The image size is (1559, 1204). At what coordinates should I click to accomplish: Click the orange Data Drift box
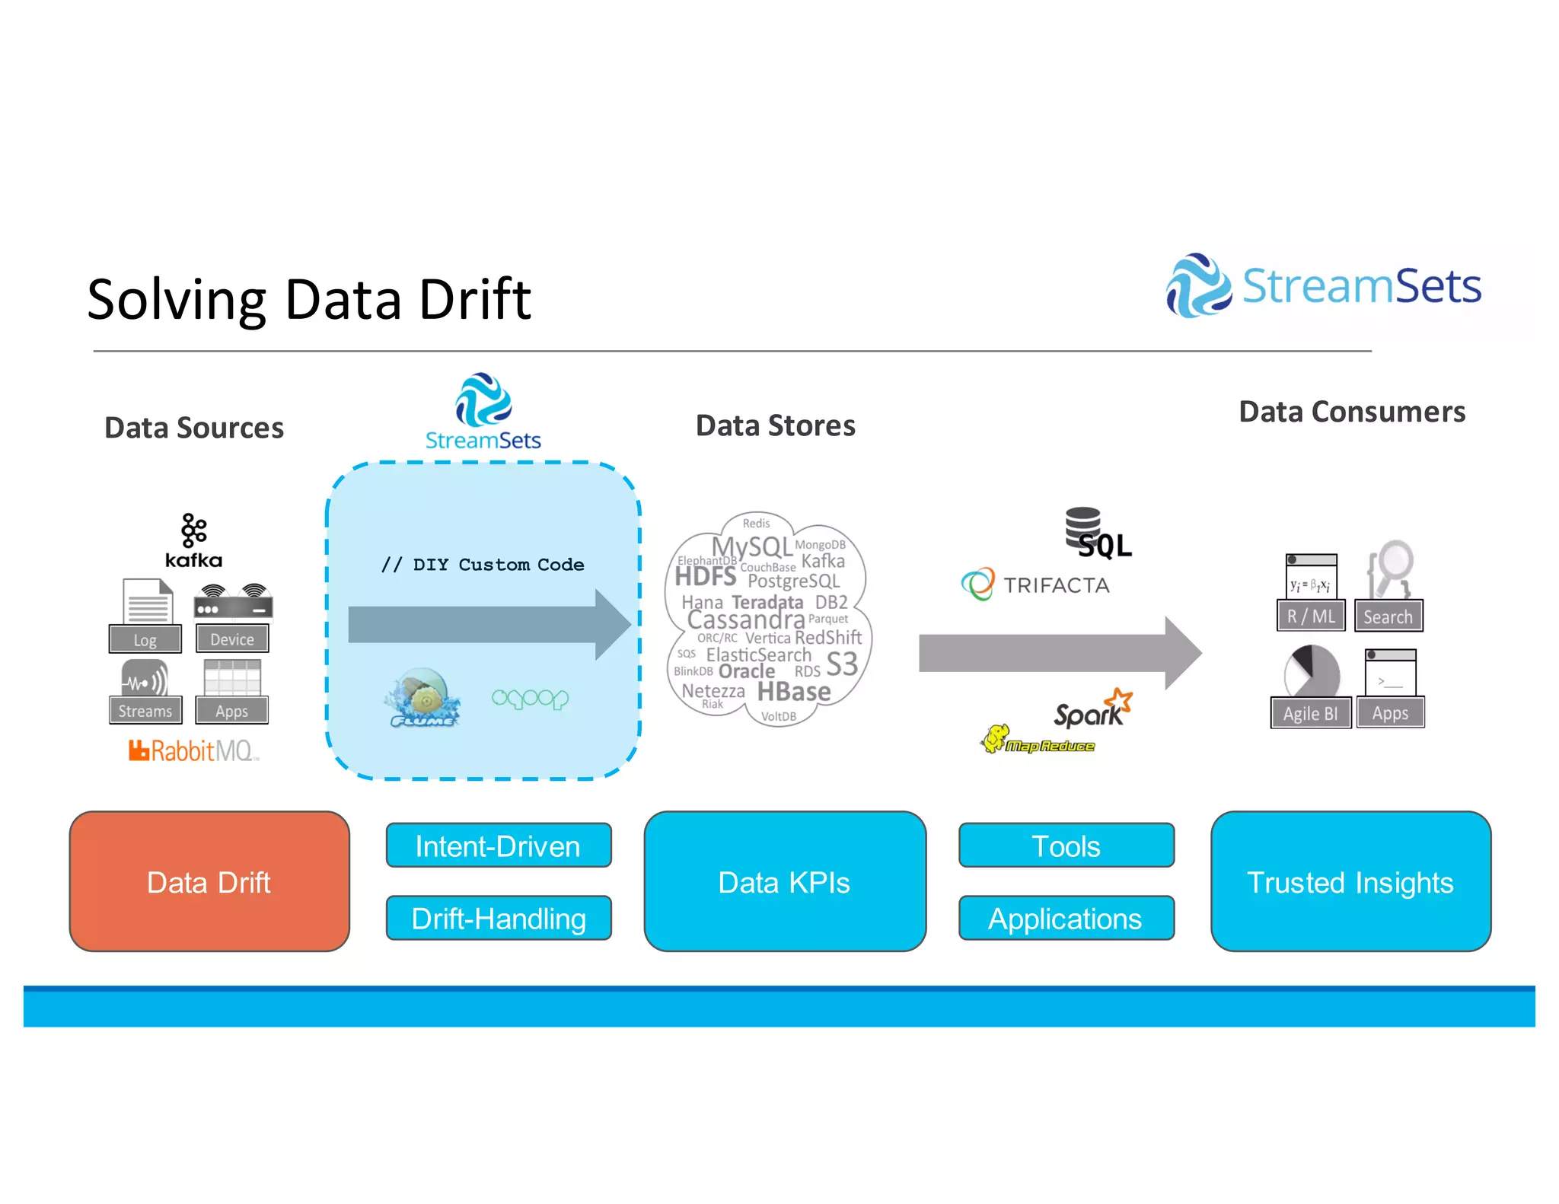click(x=209, y=881)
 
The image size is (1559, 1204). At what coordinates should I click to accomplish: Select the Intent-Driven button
click(x=499, y=846)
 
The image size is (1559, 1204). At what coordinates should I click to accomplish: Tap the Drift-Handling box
click(x=499, y=918)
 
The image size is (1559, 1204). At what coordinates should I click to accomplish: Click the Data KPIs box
click(x=785, y=881)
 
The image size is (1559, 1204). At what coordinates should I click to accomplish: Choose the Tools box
click(x=1066, y=846)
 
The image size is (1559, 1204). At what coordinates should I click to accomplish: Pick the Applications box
click(x=1066, y=918)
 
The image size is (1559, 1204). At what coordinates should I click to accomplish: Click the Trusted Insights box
click(x=1350, y=881)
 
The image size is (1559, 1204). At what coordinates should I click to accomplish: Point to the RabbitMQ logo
click(x=194, y=751)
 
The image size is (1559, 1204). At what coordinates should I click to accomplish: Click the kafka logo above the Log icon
click(x=193, y=541)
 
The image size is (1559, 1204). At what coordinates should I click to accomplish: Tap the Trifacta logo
click(x=1035, y=584)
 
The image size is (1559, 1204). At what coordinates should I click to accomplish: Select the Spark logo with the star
click(x=1092, y=710)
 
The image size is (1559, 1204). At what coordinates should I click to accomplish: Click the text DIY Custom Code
click(x=483, y=565)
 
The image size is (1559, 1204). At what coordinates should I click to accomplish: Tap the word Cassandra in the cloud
click(x=746, y=620)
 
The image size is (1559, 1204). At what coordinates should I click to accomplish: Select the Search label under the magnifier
click(x=1388, y=616)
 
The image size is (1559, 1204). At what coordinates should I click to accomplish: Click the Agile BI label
click(x=1310, y=713)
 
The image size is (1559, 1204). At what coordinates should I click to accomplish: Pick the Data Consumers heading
click(x=1352, y=412)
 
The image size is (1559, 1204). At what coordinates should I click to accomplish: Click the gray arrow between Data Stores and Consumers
click(x=1058, y=653)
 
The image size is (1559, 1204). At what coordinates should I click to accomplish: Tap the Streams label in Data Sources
click(x=145, y=711)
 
